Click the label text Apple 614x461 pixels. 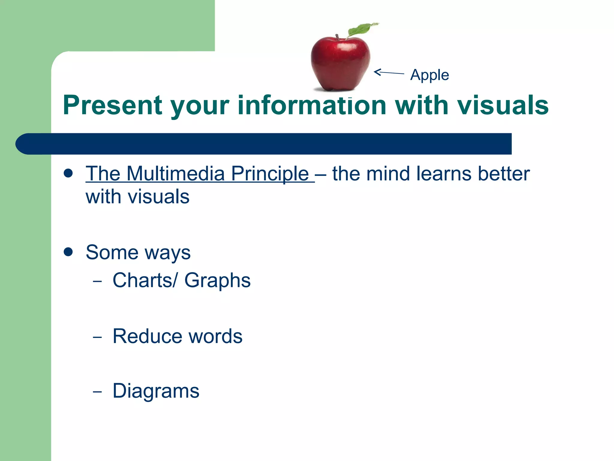(429, 75)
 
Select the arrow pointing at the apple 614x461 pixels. (389, 73)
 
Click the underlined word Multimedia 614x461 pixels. (175, 174)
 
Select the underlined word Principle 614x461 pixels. (270, 174)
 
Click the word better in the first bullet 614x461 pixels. (504, 174)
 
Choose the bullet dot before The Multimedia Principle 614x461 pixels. (68, 173)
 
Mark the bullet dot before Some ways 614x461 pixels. (68, 252)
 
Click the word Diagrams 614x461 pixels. (156, 391)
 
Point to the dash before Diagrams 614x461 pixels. (97, 392)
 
